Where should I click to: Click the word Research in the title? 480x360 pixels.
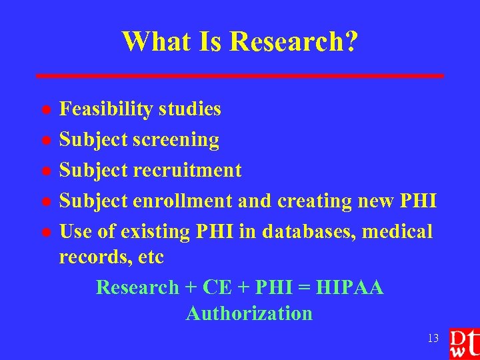[293, 41]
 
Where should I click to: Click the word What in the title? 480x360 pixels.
[155, 41]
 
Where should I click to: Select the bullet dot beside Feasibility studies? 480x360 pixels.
[45, 109]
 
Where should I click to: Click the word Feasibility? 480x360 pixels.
[107, 109]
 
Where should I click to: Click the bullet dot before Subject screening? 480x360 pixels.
[45, 141]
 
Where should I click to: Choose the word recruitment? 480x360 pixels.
[187, 170]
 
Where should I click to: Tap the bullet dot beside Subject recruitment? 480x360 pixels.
[45, 171]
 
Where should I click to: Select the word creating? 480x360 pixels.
[314, 201]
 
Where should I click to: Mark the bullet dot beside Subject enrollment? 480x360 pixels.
[45, 202]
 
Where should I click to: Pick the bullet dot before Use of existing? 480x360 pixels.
[45, 233]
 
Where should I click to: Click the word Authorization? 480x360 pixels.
[249, 313]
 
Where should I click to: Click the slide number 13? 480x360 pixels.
[433, 339]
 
